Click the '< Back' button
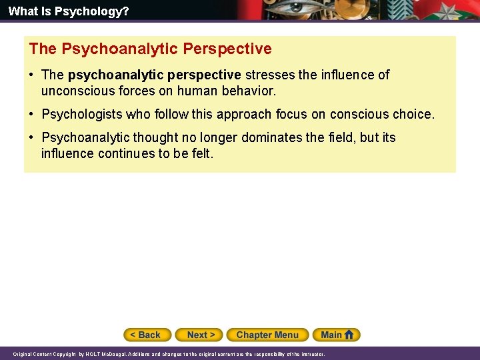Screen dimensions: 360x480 147,335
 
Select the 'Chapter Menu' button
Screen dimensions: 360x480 267,335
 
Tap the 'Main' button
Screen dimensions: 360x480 331,335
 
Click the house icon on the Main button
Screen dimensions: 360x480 349,334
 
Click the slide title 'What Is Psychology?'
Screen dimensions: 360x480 69,11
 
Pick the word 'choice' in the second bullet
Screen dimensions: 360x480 413,114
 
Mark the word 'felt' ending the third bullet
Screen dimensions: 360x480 202,153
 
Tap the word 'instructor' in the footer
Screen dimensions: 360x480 311,355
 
